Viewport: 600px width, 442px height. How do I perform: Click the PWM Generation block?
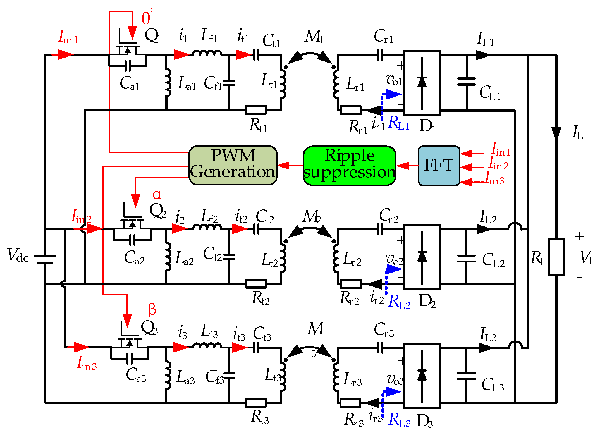(x=233, y=165)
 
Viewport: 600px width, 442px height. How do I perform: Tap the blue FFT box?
(x=439, y=165)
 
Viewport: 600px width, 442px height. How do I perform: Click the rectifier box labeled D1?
(x=422, y=83)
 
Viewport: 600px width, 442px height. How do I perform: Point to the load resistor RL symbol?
(x=556, y=256)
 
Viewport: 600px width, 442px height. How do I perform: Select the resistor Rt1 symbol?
(x=255, y=110)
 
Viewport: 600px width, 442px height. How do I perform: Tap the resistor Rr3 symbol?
(x=350, y=403)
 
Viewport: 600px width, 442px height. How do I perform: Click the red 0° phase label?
(x=147, y=17)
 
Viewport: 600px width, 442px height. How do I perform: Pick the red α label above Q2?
(x=157, y=195)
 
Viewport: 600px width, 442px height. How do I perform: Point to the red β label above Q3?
(x=152, y=309)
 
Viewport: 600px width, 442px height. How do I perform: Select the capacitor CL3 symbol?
(x=466, y=376)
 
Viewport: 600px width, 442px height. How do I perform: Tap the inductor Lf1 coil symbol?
(x=207, y=53)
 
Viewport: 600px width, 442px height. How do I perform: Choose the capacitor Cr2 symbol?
(x=380, y=229)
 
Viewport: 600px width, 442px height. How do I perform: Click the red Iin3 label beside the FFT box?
(x=495, y=179)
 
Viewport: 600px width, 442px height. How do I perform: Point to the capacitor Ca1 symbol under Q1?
(x=128, y=66)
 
